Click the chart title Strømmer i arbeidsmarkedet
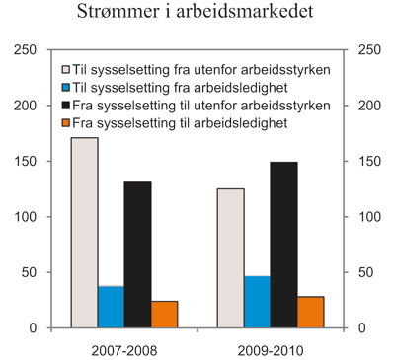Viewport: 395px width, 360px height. pyautogui.click(x=197, y=15)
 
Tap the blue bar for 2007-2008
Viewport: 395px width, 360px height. pyautogui.click(x=111, y=307)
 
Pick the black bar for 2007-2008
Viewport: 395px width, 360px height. pyautogui.click(x=137, y=254)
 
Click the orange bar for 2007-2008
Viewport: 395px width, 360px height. pyautogui.click(x=164, y=314)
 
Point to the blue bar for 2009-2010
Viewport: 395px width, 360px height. pyautogui.click(x=257, y=302)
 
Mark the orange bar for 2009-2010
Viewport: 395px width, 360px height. pyautogui.click(x=310, y=312)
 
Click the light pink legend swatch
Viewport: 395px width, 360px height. pyautogui.click(x=65, y=71)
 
